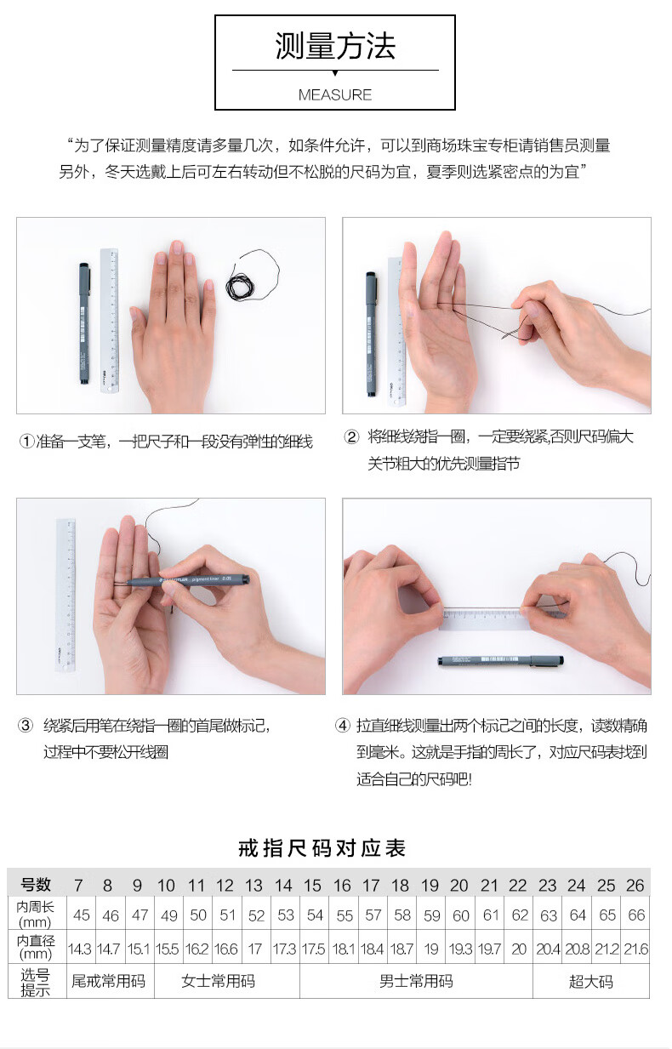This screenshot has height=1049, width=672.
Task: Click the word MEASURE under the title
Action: tap(335, 95)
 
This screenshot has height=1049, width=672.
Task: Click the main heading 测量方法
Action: tap(335, 46)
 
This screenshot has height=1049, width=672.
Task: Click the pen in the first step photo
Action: tap(84, 323)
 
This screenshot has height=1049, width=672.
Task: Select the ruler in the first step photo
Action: tap(109, 320)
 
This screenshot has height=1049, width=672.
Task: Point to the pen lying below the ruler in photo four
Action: tap(501, 661)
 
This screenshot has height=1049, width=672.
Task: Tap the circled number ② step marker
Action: tap(351, 437)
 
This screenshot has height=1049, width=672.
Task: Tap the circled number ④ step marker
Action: tap(343, 726)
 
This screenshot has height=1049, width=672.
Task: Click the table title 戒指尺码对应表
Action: tap(322, 848)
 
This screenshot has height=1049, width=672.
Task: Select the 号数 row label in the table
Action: tap(36, 884)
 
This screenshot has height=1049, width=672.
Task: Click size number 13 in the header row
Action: tap(253, 885)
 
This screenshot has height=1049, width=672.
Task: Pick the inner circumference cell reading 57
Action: tap(373, 915)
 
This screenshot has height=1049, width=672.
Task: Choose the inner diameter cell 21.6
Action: tap(636, 949)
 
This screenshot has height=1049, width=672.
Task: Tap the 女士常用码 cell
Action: tap(219, 981)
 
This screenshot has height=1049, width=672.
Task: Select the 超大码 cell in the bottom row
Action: tap(591, 981)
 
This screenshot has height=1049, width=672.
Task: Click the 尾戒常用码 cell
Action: tap(109, 981)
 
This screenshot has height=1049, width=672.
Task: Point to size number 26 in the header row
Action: tap(635, 885)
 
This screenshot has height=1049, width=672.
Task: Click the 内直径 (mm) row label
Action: tap(36, 947)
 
